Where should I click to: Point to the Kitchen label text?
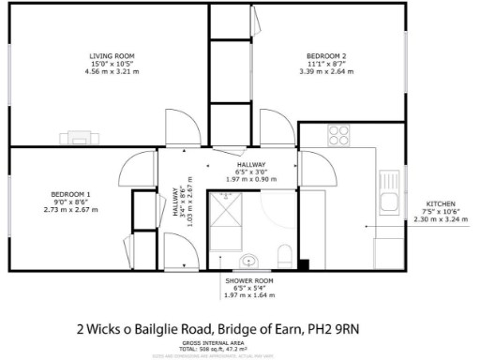441,204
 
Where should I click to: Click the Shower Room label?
248,280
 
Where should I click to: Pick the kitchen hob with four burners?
338,134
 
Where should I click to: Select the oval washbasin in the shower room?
249,261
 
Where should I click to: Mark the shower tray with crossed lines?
227,215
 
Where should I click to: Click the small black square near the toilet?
303,264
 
